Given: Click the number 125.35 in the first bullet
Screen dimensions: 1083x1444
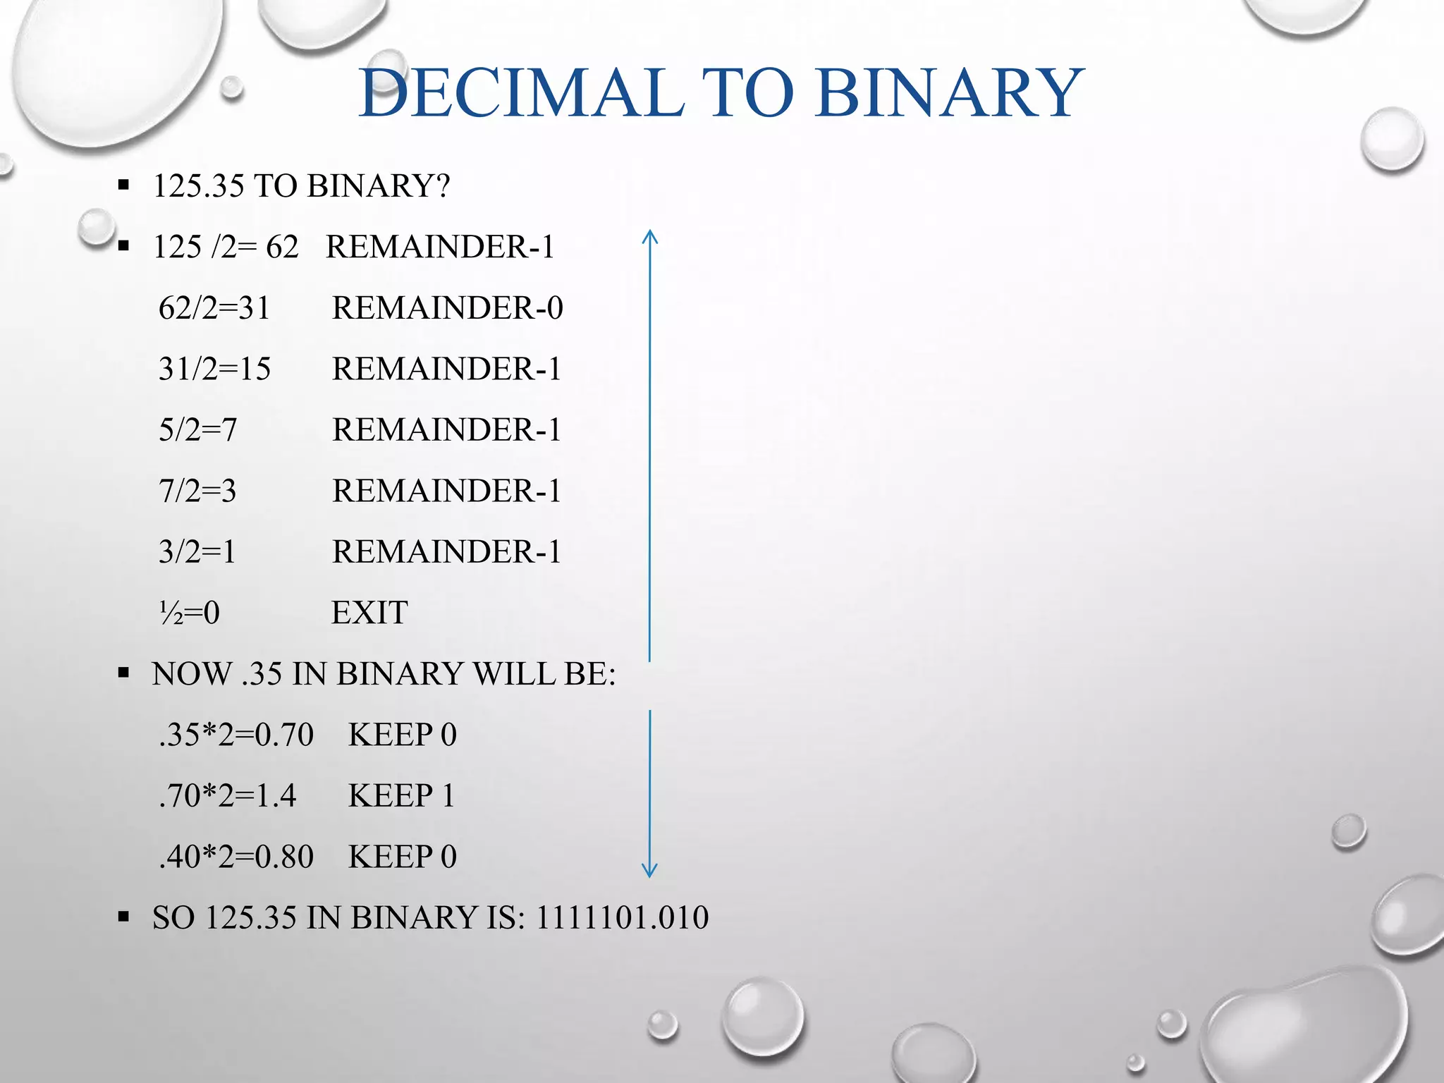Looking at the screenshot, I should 199,186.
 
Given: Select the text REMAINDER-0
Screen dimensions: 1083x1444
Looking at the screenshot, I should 447,308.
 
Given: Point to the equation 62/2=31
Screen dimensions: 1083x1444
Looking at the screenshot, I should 214,308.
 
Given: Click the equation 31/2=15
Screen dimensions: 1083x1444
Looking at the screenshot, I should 214,369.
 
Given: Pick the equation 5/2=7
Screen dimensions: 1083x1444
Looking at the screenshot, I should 197,430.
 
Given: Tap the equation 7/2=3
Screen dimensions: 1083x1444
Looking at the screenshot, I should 197,491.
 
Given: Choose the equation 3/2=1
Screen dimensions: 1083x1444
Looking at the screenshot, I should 197,551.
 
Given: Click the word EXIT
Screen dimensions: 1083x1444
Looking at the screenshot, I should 369,613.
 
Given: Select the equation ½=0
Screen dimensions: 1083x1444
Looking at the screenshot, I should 189,613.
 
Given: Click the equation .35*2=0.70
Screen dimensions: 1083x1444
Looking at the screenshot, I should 235,735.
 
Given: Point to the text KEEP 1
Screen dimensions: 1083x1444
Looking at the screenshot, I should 401,796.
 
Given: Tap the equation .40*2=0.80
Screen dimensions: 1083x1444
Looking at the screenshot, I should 235,857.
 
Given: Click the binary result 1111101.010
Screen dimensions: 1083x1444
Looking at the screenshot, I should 622,917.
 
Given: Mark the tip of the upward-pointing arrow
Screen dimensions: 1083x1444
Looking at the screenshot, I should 650,231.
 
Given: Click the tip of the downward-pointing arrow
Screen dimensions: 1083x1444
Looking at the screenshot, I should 650,876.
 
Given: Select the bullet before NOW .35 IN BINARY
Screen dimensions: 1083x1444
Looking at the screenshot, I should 124,674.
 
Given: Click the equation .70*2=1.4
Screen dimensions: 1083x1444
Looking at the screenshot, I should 227,796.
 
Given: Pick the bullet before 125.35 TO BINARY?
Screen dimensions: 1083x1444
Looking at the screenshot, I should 124,186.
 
